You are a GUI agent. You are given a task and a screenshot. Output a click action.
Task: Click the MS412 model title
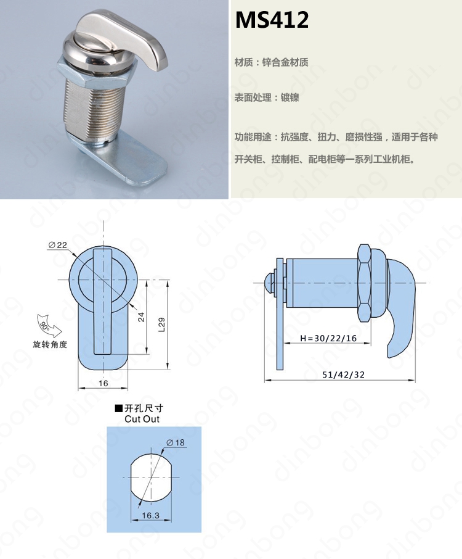click(272, 20)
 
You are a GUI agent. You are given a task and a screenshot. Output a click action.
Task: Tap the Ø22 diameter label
click(57, 245)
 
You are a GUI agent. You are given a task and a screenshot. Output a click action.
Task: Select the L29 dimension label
click(161, 325)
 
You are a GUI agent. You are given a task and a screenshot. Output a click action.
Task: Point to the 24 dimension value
click(141, 317)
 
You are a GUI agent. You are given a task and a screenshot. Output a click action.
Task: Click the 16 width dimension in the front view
click(103, 383)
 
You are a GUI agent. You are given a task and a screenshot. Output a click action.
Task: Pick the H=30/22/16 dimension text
click(328, 338)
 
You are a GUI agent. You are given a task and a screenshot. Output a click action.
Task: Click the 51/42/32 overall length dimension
click(343, 375)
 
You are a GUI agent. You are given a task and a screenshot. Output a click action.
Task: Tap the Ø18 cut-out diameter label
click(176, 442)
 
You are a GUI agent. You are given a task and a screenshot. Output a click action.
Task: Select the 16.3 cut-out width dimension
click(150, 516)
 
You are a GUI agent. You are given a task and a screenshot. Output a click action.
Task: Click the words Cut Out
click(142, 419)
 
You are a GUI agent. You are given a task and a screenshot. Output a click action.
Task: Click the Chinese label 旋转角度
click(50, 344)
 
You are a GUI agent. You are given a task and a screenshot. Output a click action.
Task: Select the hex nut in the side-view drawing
click(365, 283)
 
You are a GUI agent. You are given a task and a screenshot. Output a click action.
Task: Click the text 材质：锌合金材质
click(271, 62)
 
